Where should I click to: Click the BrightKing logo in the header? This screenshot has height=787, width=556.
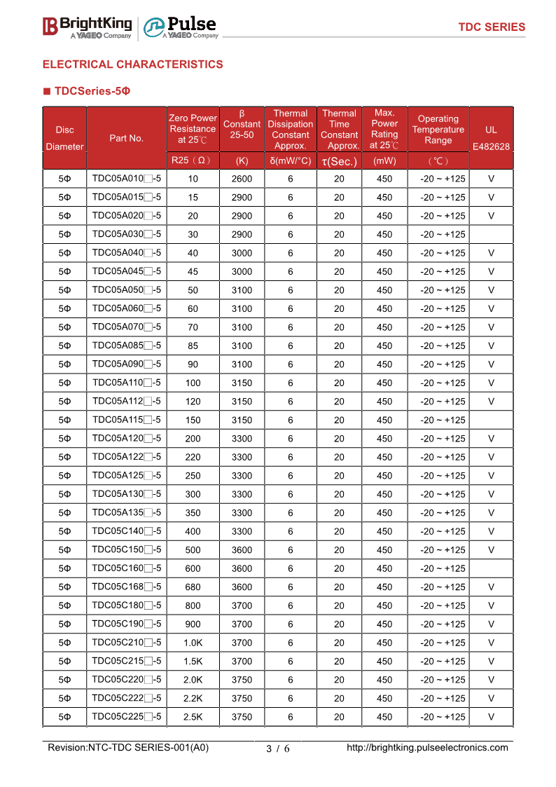(87, 27)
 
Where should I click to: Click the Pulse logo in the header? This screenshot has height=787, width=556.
(181, 27)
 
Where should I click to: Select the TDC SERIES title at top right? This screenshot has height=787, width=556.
(492, 27)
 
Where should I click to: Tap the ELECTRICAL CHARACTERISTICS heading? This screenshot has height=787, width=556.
(133, 64)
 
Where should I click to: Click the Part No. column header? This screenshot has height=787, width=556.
(127, 138)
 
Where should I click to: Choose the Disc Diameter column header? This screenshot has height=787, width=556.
(64, 138)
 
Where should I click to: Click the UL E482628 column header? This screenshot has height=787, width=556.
(491, 138)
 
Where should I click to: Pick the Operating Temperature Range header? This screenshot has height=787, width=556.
(438, 130)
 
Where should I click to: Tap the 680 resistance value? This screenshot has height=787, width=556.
(193, 587)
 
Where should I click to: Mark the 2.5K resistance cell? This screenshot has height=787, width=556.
(193, 717)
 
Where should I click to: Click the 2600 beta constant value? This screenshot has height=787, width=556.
(242, 179)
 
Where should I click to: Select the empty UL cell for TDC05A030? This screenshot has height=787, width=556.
(491, 234)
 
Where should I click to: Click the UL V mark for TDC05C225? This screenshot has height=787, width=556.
(491, 717)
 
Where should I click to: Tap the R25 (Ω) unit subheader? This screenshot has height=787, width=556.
(193, 160)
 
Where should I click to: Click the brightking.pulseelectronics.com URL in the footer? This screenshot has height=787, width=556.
(427, 748)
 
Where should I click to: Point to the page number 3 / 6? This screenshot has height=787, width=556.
(278, 748)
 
